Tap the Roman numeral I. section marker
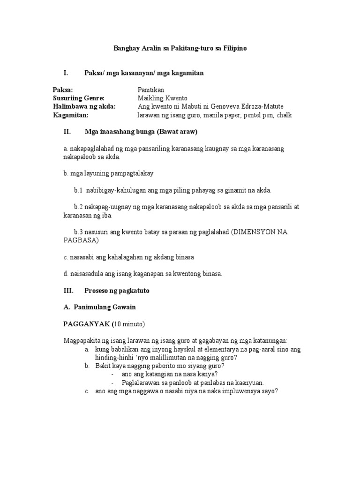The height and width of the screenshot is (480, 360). pyautogui.click(x=66, y=73)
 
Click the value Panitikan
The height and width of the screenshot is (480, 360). pyautogui.click(x=151, y=90)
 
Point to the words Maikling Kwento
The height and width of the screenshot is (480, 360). pyautogui.click(x=163, y=98)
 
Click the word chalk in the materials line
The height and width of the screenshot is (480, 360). pyautogui.click(x=285, y=115)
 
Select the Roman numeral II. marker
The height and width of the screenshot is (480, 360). pyautogui.click(x=67, y=132)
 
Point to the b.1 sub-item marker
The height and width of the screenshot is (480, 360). pyautogui.click(x=78, y=191)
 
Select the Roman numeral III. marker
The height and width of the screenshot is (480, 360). pyautogui.click(x=68, y=291)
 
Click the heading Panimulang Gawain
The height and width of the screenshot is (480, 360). pyautogui.click(x=105, y=307)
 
